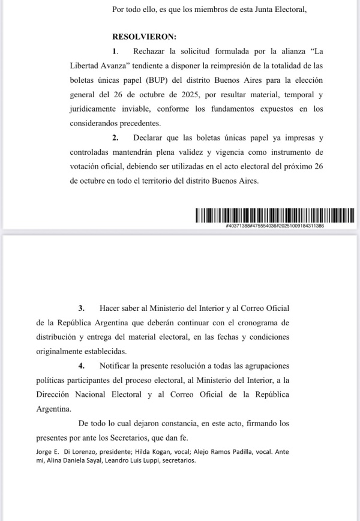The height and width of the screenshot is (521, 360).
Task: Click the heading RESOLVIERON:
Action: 140,36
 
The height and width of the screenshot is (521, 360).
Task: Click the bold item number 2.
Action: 116,138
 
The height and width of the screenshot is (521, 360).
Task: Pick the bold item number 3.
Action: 82,308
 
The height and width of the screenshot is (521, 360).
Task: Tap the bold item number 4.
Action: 82,366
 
